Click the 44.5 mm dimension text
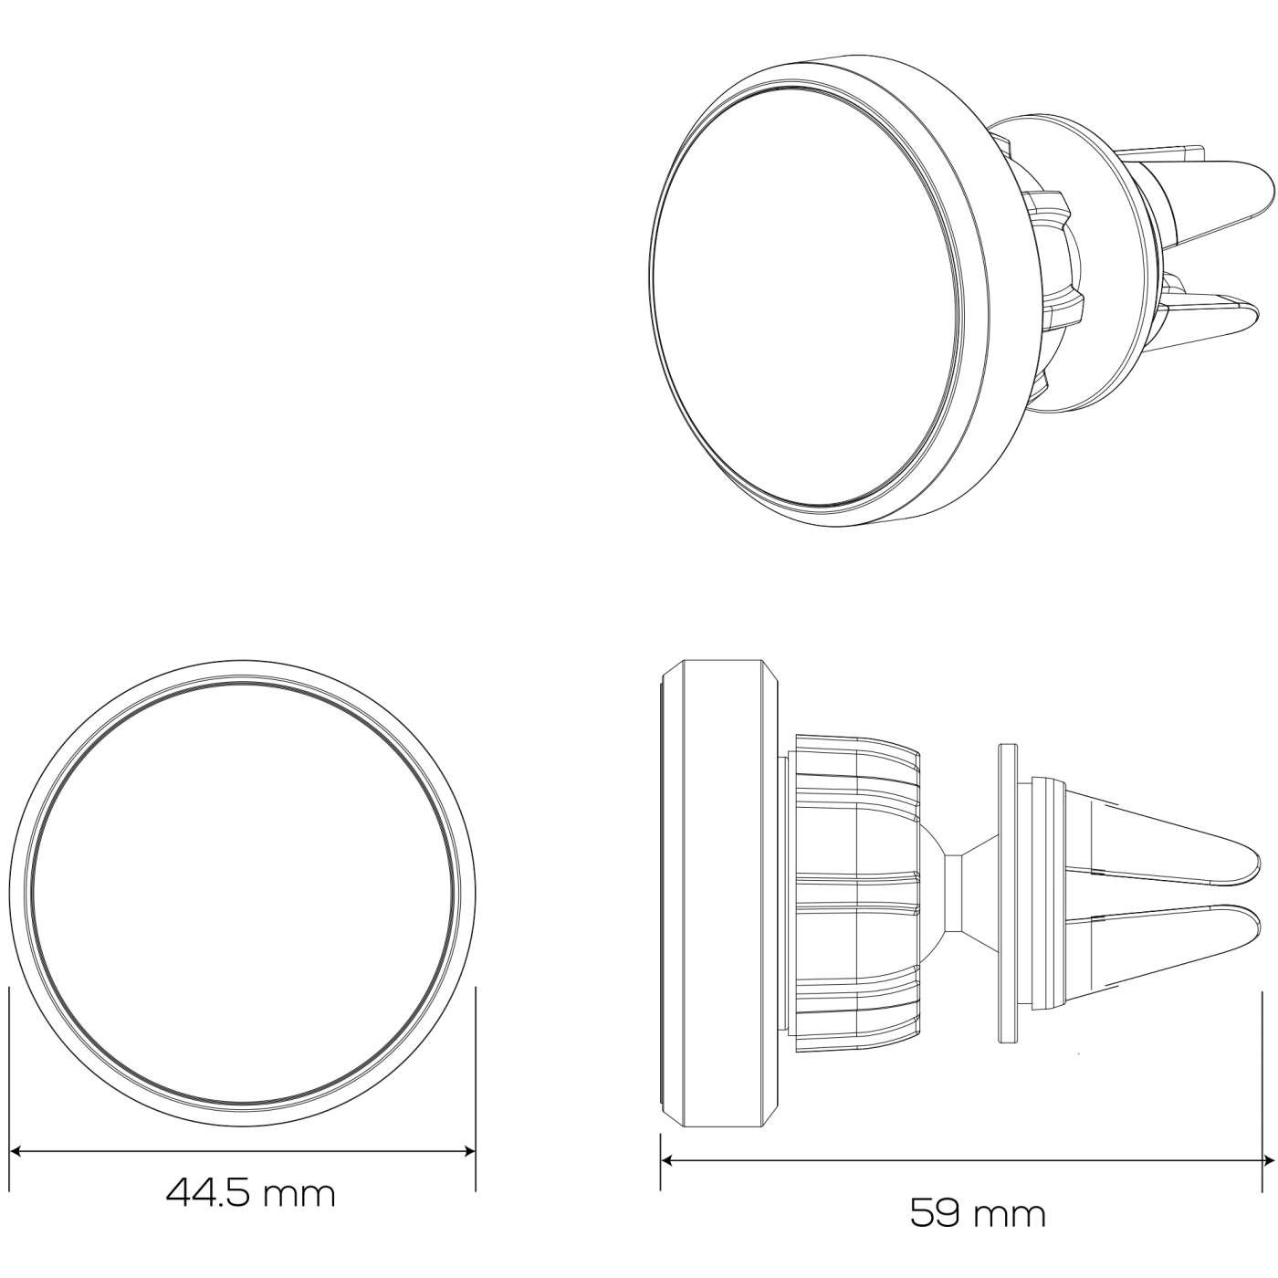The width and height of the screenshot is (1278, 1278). [251, 1193]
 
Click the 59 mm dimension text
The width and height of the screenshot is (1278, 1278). [978, 1213]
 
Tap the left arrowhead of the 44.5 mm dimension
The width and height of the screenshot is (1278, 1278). [15, 1152]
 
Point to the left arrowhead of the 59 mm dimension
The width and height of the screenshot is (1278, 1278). [667, 1161]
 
